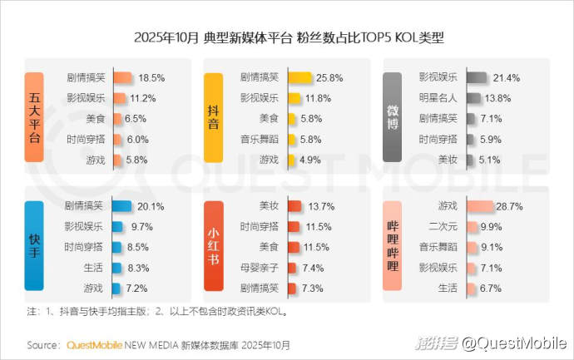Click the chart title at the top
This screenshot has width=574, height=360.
tap(287, 37)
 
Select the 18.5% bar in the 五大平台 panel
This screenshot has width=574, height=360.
tap(121, 78)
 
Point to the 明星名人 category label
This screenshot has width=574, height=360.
tap(438, 98)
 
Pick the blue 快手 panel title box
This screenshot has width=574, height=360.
tap(34, 245)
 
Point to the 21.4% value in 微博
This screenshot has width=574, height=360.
tap(506, 78)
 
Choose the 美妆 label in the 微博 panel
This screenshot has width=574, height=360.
tap(447, 159)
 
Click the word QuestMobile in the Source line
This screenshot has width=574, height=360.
tap(93, 343)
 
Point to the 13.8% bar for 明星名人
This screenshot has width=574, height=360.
tap(474, 98)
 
